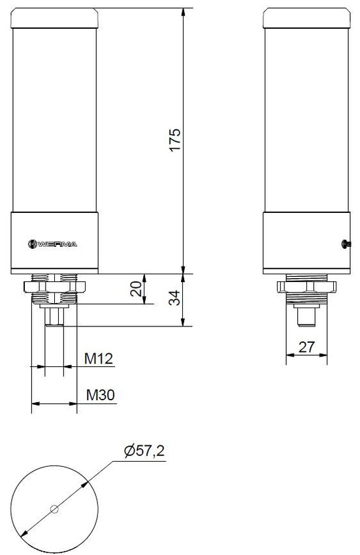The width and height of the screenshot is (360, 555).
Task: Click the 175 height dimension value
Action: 174,140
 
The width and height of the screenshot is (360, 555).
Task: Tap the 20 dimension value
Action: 137,289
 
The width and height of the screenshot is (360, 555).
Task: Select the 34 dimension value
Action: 174,298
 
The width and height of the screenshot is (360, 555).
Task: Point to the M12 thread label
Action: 99,358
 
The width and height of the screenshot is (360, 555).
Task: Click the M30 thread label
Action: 101,395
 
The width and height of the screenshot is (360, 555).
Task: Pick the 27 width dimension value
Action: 306,347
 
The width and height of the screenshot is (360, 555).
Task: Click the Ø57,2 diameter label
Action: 144,451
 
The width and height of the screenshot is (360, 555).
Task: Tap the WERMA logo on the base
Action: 52,244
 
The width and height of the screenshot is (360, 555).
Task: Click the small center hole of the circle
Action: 54,509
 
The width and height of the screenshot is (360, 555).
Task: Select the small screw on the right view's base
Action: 346,244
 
